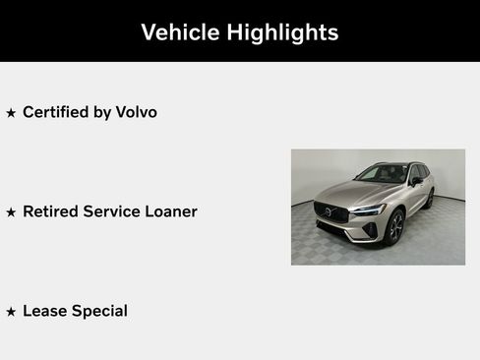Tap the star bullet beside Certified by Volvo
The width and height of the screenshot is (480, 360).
(11, 113)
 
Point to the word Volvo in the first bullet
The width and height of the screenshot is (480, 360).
(136, 112)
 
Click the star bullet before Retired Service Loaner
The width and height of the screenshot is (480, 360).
(11, 212)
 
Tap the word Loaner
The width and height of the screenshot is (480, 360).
(169, 211)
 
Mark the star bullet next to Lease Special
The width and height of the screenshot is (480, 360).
(11, 312)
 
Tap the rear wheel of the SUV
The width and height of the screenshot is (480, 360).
(430, 200)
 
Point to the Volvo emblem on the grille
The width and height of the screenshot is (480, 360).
(330, 210)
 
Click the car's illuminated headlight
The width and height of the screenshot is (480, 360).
(369, 210)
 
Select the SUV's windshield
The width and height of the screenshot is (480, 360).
(383, 175)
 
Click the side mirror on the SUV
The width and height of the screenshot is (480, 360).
(416, 181)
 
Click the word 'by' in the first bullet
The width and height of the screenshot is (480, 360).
(102, 113)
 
